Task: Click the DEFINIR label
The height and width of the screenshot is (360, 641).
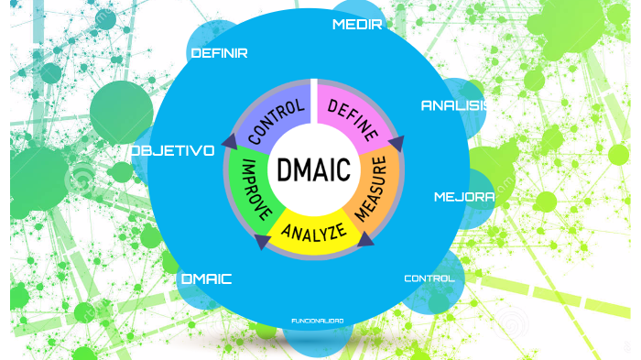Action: pyautogui.click(x=219, y=53)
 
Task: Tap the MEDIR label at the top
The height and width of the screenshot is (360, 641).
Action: pyautogui.click(x=356, y=24)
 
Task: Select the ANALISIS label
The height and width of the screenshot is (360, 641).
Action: pyautogui.click(x=452, y=105)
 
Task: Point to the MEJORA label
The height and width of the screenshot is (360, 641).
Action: pyautogui.click(x=463, y=197)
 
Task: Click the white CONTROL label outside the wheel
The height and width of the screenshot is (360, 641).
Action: pyautogui.click(x=429, y=278)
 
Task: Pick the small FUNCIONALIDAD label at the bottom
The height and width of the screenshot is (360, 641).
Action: pyautogui.click(x=317, y=321)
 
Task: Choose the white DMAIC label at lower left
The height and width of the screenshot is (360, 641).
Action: pyautogui.click(x=206, y=278)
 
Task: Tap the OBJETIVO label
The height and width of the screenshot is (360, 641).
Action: pyautogui.click(x=172, y=150)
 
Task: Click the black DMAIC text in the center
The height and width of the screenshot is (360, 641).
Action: pyautogui.click(x=313, y=171)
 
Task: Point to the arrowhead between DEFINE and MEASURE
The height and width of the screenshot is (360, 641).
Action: pyautogui.click(x=396, y=143)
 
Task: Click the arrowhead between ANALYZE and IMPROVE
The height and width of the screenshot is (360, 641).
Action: pyautogui.click(x=262, y=242)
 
